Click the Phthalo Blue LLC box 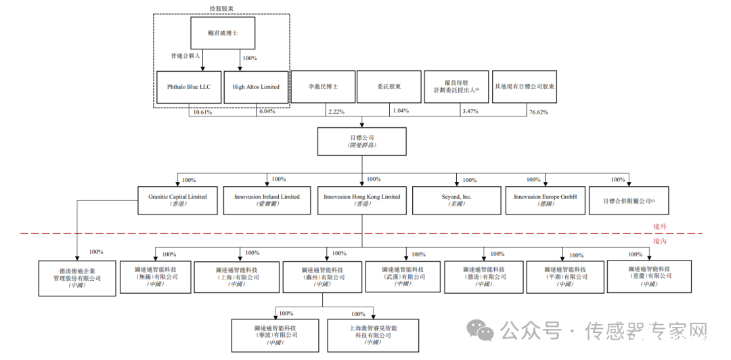pos(189,87)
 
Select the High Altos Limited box pos(256,87)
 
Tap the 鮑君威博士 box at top pos(222,32)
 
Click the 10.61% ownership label pos(202,112)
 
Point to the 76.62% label pos(538,112)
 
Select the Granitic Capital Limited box pos(177,200)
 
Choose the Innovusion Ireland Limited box pos(267,200)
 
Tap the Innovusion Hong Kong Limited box pos(361,200)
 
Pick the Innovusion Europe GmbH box pos(546,200)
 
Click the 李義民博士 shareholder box pos(323,87)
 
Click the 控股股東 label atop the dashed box pos(221,9)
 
